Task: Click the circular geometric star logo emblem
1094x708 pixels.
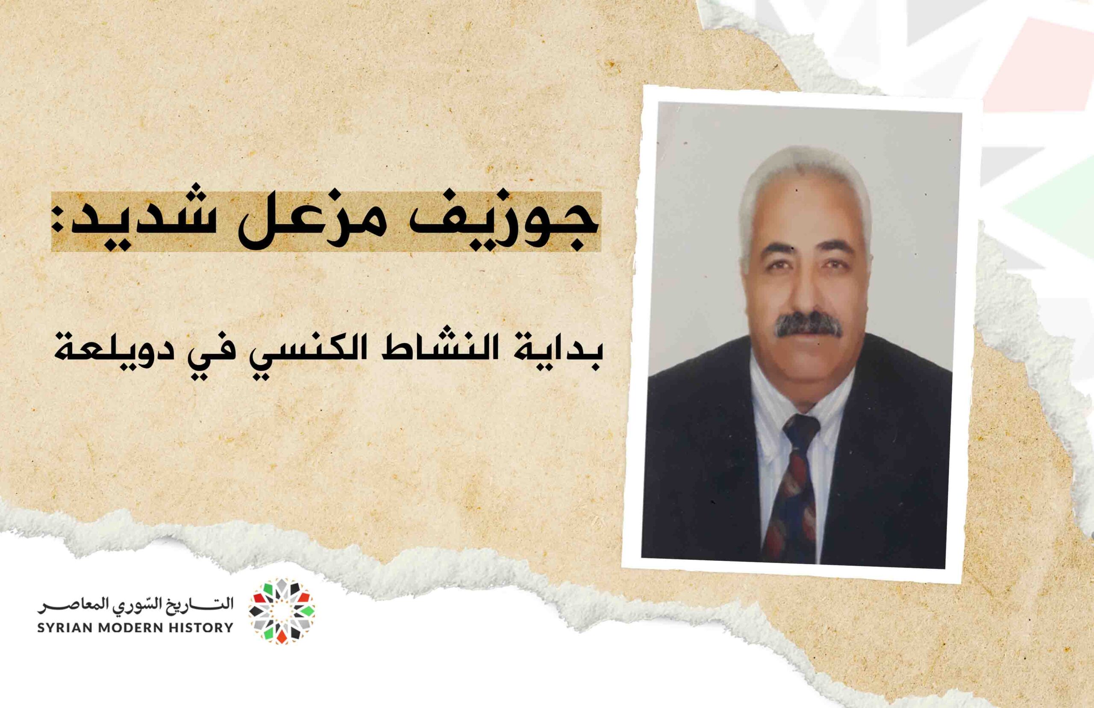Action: pos(282,611)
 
